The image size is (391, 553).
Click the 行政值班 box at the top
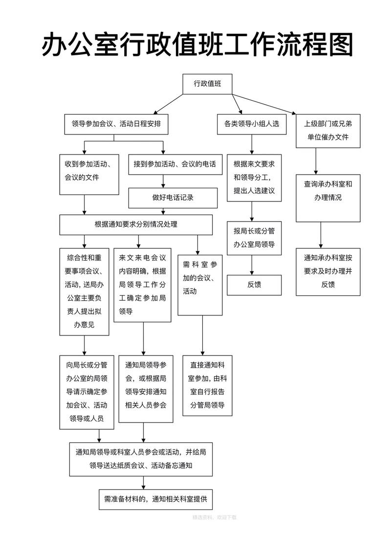tap(207, 84)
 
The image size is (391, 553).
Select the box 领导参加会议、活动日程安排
tap(116, 124)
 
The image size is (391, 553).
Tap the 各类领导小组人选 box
tap(252, 124)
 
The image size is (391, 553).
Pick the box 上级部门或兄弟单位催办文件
tap(328, 131)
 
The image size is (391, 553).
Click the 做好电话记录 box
tap(173, 198)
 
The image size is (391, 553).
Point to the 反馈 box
tap(254, 285)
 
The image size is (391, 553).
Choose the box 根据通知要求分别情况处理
tap(136, 225)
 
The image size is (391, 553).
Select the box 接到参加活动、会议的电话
tap(174, 164)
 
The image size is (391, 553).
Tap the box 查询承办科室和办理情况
tap(328, 191)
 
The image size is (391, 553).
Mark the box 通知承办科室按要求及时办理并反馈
tap(328, 271)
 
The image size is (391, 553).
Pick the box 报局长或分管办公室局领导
tap(254, 238)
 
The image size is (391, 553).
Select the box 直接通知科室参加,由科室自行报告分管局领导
tap(207, 385)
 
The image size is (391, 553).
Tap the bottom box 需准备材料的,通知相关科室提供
tap(155, 499)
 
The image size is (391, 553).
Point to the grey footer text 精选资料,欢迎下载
tap(214, 517)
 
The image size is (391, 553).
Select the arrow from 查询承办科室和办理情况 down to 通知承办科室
tap(321, 235)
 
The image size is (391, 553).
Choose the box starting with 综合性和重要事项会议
tap(84, 291)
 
